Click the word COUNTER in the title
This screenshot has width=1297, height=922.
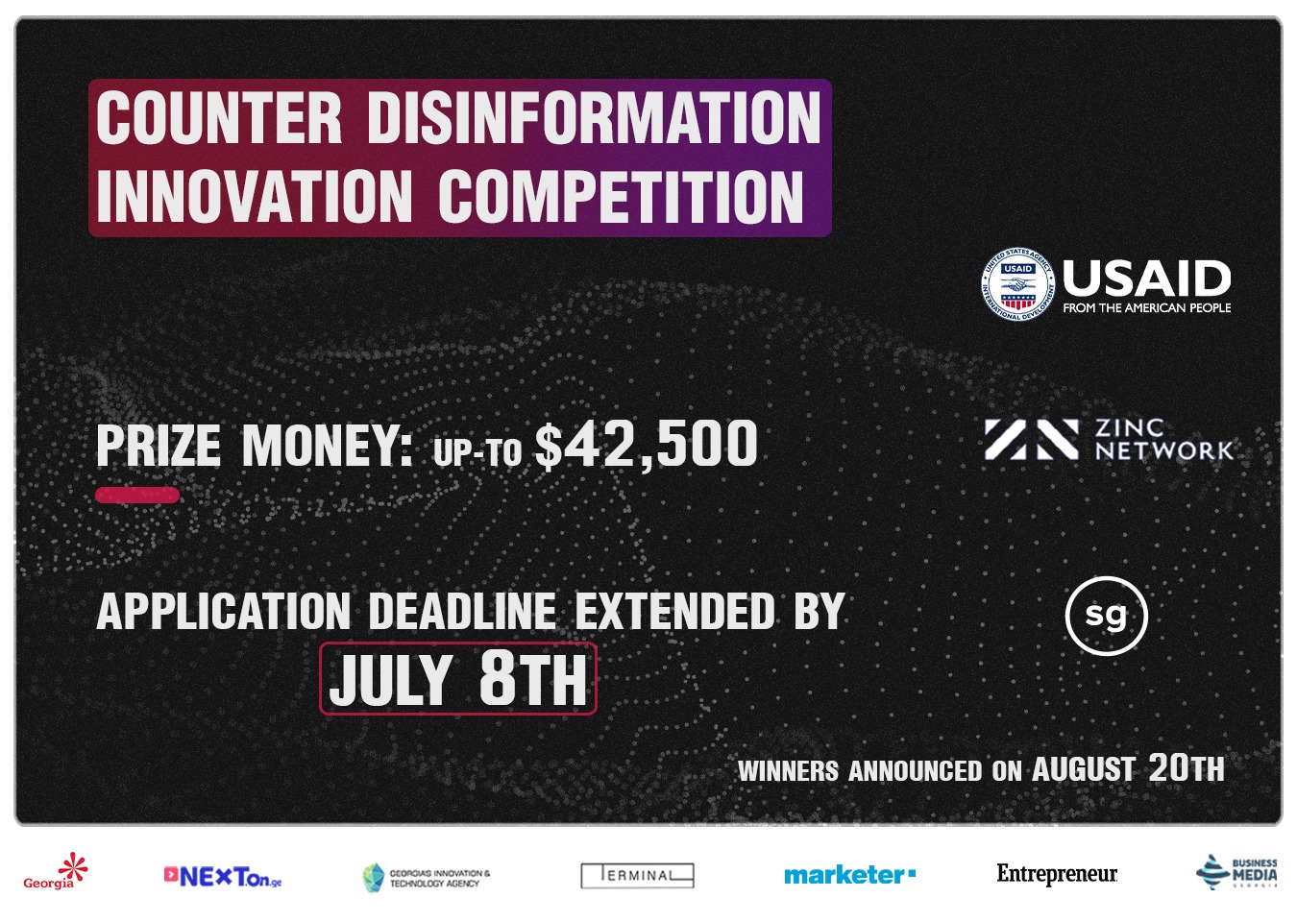(219, 119)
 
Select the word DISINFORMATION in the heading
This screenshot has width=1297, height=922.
(594, 119)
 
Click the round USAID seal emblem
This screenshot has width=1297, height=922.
(1017, 285)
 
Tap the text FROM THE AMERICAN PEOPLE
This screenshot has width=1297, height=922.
(1146, 308)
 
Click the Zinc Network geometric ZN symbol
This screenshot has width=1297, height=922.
(1031, 440)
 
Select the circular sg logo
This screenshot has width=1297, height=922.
(1107, 616)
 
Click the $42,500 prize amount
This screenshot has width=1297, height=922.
(647, 445)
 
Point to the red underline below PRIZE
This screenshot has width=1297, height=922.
(137, 496)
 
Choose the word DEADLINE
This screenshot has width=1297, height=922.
(462, 612)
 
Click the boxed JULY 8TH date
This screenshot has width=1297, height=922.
(458, 679)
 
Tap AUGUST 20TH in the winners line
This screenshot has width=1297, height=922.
(1128, 768)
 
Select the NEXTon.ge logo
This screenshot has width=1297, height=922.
(223, 877)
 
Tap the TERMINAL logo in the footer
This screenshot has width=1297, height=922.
(637, 876)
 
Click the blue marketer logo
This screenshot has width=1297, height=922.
(849, 875)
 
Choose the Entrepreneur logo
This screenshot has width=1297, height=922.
(1057, 874)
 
